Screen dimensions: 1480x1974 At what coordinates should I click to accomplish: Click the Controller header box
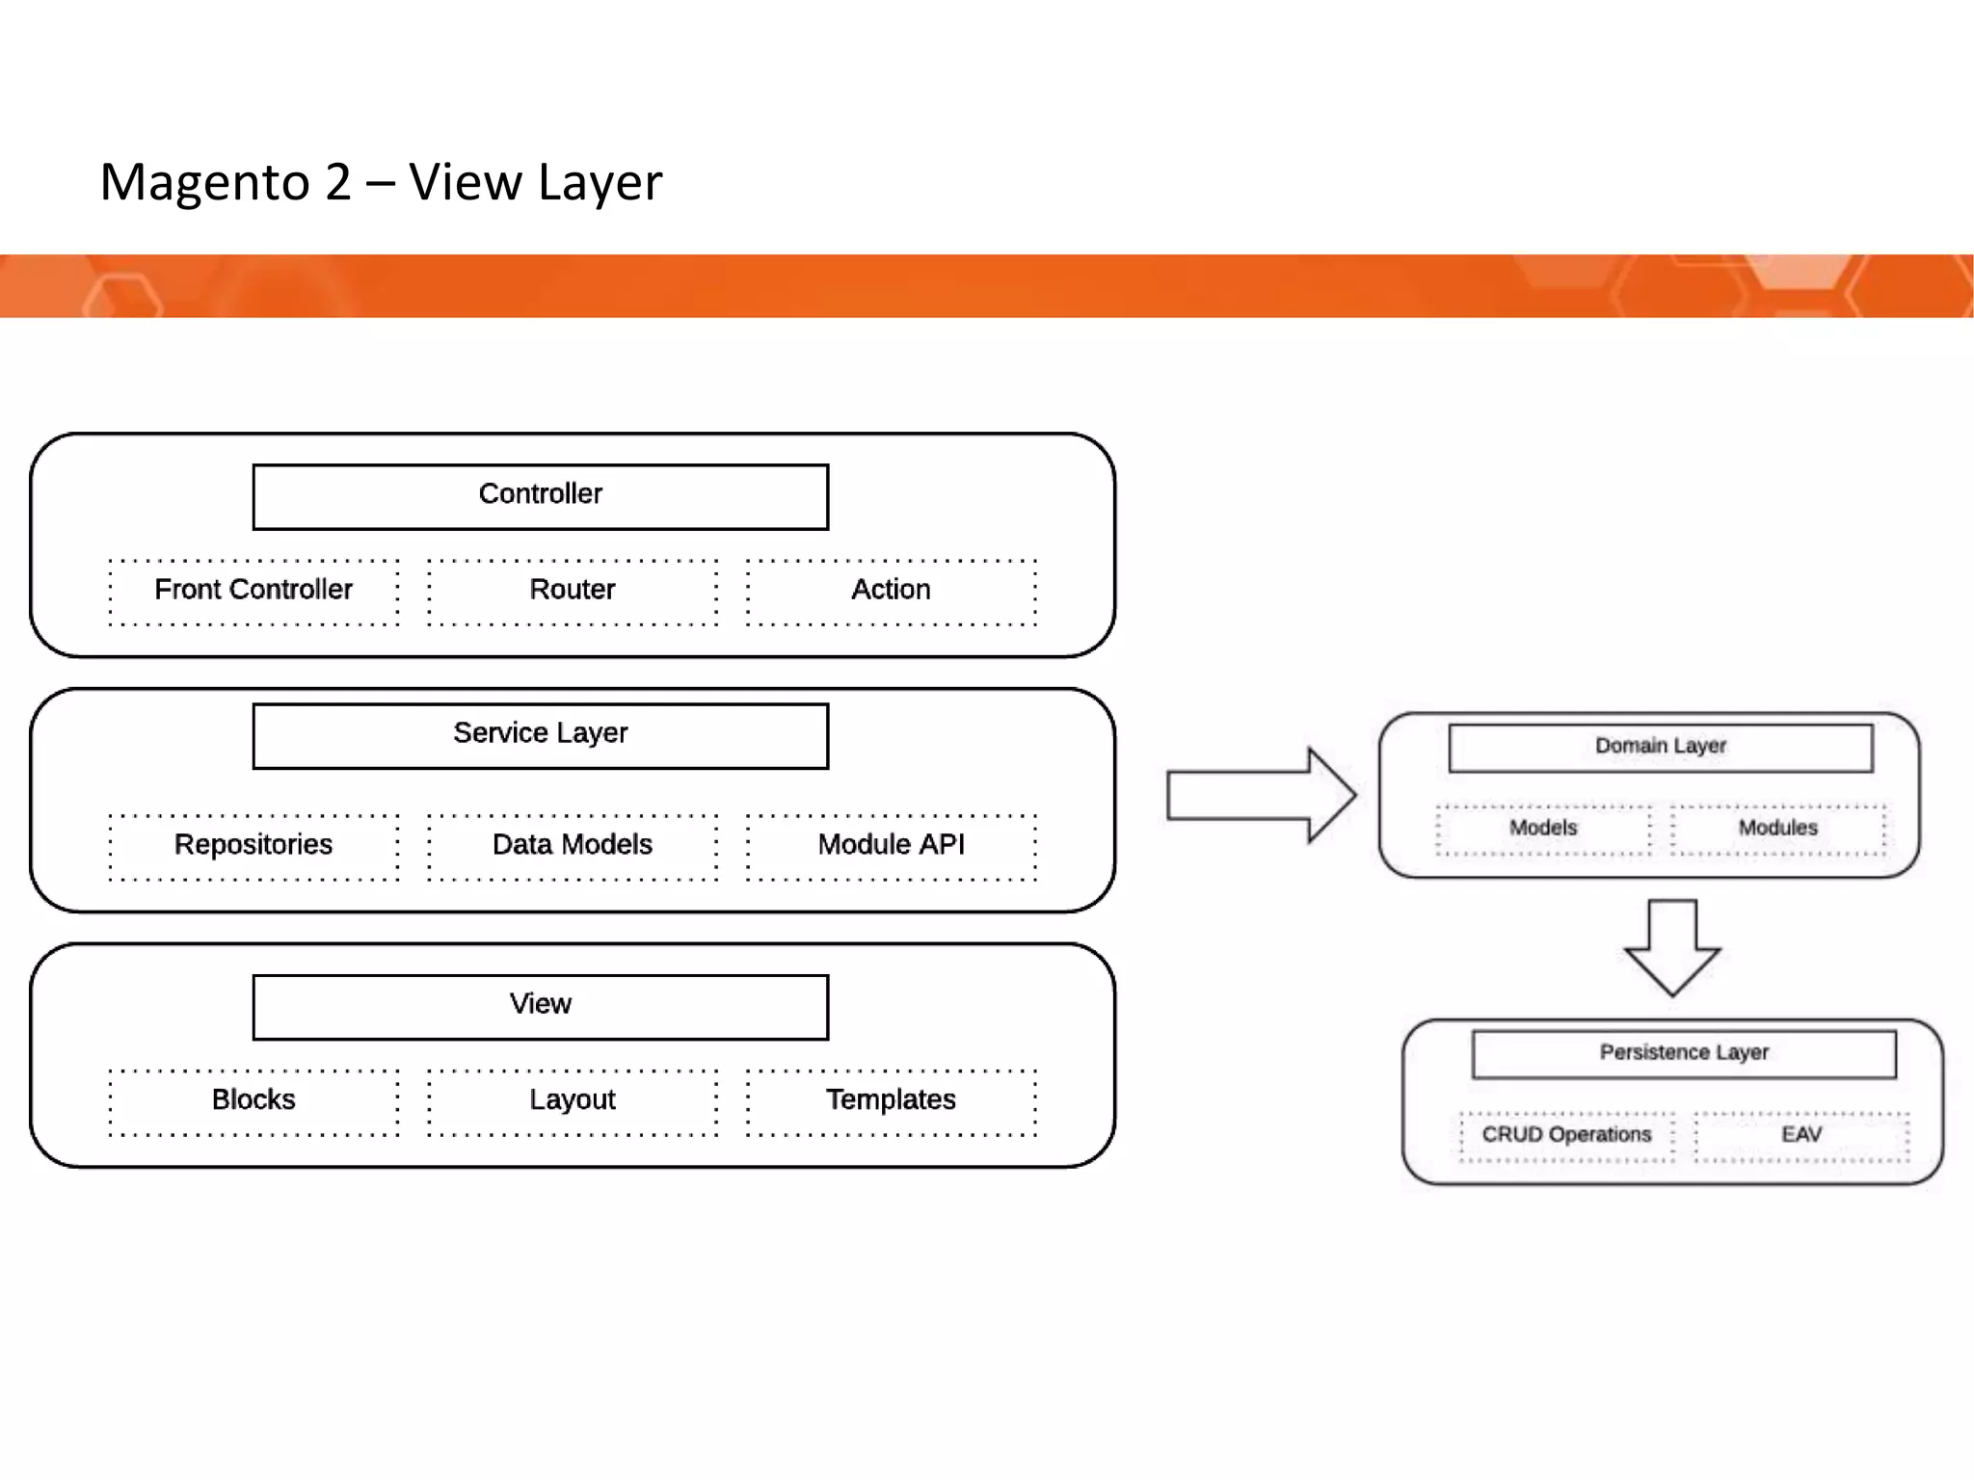540,496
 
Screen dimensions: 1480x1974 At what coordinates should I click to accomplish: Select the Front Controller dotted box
253,591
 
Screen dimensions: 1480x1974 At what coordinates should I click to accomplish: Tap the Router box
573,591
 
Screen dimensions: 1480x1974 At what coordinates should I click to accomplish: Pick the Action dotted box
891,591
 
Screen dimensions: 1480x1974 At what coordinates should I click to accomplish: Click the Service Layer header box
540,735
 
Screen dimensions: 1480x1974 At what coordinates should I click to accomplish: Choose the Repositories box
253,846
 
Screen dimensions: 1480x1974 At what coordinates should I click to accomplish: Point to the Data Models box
573,846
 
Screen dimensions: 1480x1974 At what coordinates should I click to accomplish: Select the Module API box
891,846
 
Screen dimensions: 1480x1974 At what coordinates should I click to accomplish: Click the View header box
540,1006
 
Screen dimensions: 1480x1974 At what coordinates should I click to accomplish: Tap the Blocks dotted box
253,1101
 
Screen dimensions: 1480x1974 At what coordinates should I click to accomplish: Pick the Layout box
573,1101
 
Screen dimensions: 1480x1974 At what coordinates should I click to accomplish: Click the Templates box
891,1101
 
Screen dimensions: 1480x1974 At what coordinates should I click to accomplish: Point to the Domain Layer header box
1660,748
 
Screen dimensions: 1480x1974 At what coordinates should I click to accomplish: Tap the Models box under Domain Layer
1542,829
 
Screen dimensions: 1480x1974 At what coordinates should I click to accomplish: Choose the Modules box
1777,829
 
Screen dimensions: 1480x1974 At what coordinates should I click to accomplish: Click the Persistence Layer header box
1683,1054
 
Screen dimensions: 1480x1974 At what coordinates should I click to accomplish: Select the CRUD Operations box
1566,1136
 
